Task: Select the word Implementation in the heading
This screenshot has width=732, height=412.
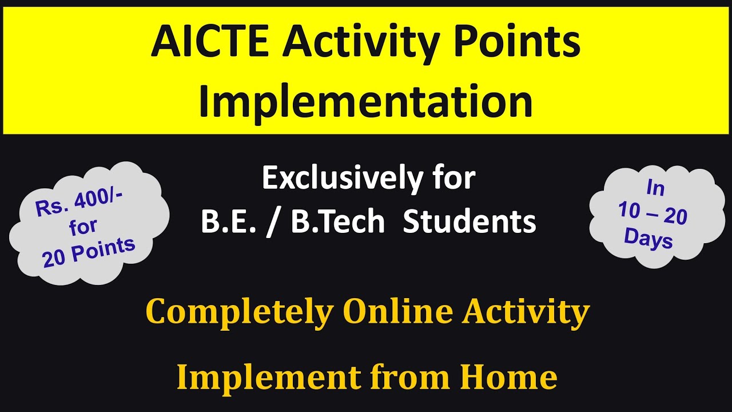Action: coord(365,101)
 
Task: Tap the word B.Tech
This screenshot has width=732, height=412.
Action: coord(338,222)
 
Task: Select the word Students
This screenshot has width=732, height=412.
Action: coord(470,222)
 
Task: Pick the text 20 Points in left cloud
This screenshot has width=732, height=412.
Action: coord(89,252)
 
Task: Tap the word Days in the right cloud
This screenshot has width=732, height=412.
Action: coord(649,237)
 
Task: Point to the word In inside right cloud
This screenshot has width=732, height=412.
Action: coord(657,187)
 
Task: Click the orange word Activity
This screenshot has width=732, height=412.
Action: coord(526,312)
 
